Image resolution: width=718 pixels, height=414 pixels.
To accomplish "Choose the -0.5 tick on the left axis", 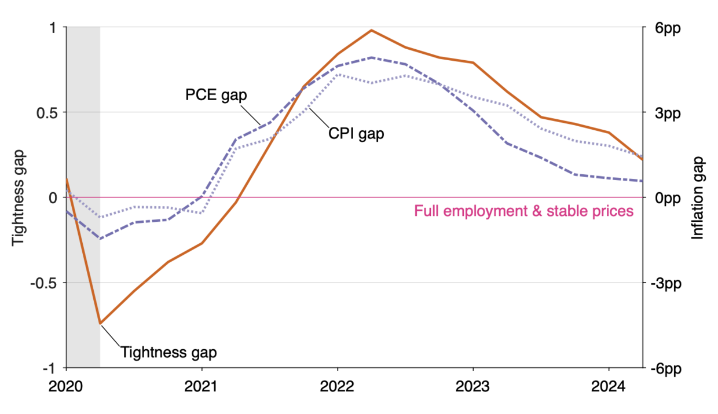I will pyautogui.click(x=46, y=283).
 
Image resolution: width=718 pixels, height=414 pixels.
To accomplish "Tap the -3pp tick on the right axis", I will pyautogui.click(x=664, y=283).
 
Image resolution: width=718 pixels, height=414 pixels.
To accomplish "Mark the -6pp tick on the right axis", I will pyautogui.click(x=664, y=368).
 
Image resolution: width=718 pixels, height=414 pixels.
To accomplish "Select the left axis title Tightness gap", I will pyautogui.click(x=19, y=197).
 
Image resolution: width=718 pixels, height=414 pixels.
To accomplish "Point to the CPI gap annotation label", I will pyautogui.click(x=357, y=134).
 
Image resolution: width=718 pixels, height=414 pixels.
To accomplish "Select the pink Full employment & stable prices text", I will pyautogui.click(x=523, y=211).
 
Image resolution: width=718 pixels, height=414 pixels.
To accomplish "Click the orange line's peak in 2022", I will pyautogui.click(x=371, y=30).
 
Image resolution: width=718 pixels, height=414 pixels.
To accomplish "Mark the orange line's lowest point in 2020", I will pyautogui.click(x=100, y=323).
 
